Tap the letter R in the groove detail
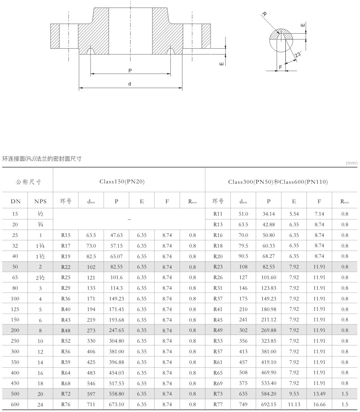[264, 14]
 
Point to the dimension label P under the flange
[130, 70]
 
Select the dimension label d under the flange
[130, 84]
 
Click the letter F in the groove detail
[281, 67]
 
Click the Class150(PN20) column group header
[122, 181]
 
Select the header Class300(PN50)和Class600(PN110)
[278, 181]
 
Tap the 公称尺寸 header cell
[27, 181]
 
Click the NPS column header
[40, 202]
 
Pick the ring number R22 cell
[66, 267]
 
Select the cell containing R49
[218, 330]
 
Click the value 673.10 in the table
[116, 404]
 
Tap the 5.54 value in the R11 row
[294, 214]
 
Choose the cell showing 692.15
[269, 404]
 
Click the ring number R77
[218, 404]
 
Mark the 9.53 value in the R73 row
[294, 394]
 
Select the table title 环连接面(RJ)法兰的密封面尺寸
[43, 159]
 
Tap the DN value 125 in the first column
[15, 309]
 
